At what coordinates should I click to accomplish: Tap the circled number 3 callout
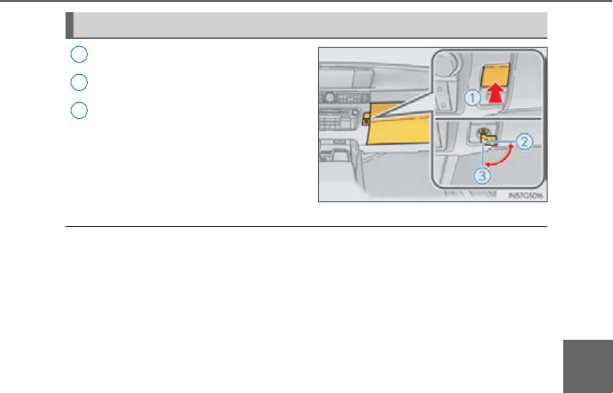click(x=483, y=173)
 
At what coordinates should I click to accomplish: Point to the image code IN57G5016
click(x=524, y=195)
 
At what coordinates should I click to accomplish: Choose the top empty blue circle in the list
click(x=79, y=54)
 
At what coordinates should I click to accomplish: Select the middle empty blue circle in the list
click(x=79, y=82)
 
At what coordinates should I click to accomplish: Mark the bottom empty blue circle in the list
click(x=79, y=111)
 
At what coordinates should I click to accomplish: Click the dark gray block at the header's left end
click(x=69, y=24)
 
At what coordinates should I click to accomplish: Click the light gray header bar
click(x=310, y=24)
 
